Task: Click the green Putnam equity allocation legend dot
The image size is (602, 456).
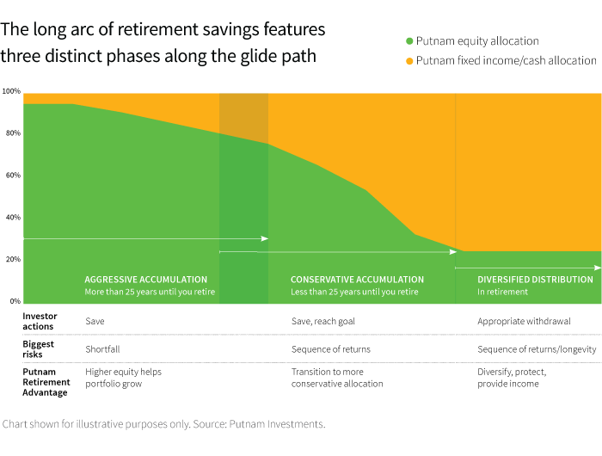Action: (408, 41)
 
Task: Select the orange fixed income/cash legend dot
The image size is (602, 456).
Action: (408, 61)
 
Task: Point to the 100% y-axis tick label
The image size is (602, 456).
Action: (11, 91)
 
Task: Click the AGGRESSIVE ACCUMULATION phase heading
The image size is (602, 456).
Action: (145, 280)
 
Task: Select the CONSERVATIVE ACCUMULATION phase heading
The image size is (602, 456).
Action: (357, 280)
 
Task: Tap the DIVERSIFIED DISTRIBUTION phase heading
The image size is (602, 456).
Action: (535, 280)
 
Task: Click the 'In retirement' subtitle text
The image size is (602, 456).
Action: (502, 293)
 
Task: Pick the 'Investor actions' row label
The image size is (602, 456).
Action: (39, 321)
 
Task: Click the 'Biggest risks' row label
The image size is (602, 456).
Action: (39, 348)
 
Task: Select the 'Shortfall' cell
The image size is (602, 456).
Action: (103, 349)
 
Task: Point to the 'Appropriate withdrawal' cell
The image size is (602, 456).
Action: (524, 321)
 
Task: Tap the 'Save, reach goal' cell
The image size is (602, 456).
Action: (322, 321)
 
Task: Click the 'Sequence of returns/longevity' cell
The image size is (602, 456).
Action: (535, 349)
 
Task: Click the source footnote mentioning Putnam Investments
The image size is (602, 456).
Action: (163, 424)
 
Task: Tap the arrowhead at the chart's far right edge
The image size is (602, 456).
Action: (598, 268)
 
